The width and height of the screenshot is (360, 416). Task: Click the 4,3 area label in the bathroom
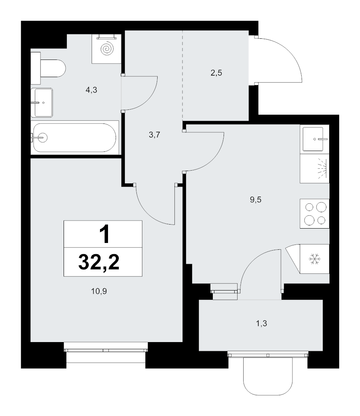coord(91,90)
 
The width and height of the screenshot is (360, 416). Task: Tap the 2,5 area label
coord(216,73)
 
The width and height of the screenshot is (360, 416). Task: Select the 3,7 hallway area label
coord(154,135)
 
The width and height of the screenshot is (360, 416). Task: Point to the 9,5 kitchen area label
coord(256,199)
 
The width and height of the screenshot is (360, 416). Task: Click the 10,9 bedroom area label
coord(99,291)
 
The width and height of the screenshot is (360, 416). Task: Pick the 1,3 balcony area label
coord(262,323)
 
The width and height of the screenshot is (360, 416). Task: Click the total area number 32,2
coord(99,262)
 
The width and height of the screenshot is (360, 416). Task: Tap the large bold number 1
coord(104,234)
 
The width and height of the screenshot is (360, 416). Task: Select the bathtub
coord(75,137)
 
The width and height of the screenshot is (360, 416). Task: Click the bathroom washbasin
coord(42,103)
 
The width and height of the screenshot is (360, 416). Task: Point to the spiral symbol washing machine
coord(107,49)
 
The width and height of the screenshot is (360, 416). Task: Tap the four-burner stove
coord(315,213)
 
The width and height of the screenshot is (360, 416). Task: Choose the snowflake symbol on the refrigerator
coord(315,259)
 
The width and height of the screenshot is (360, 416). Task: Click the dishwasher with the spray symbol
coord(315,169)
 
